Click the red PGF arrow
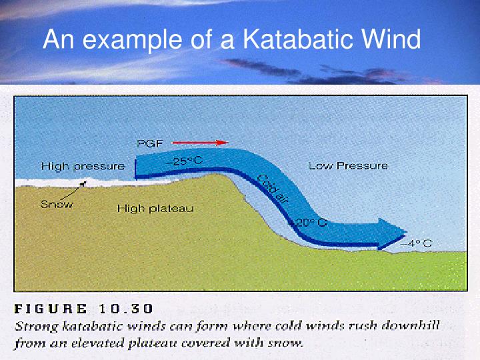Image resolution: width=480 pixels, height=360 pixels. [x=200, y=142]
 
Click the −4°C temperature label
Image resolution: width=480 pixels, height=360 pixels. [x=416, y=243]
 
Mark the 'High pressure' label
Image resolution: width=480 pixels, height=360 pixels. [x=83, y=166]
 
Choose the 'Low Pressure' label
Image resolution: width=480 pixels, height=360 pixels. [x=347, y=165]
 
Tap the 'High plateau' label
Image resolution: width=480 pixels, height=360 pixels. [x=155, y=209]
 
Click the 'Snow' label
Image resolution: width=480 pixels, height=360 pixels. [x=57, y=204]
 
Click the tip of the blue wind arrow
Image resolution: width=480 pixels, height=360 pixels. [x=405, y=233]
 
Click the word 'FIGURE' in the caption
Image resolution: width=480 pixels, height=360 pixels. [x=51, y=309]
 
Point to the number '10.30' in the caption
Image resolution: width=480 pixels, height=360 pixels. [x=126, y=309]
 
